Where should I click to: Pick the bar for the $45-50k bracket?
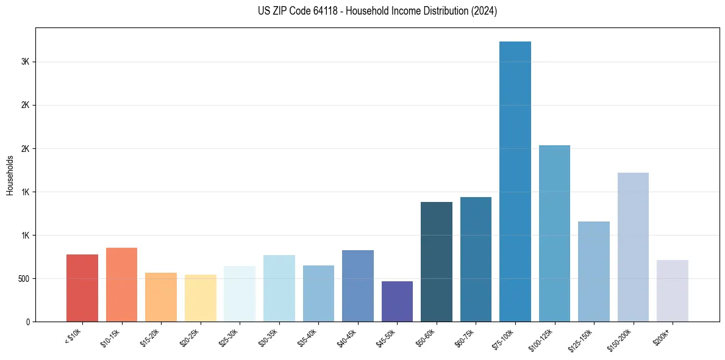point(397,301)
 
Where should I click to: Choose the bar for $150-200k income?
point(633,247)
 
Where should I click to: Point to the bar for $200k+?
point(673,290)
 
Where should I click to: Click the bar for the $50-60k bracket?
point(437,262)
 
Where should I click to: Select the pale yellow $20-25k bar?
point(201,298)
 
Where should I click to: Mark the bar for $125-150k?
point(594,272)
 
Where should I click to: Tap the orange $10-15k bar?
point(121,284)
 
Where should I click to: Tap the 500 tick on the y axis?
point(24,279)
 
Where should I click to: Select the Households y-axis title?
point(10,175)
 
